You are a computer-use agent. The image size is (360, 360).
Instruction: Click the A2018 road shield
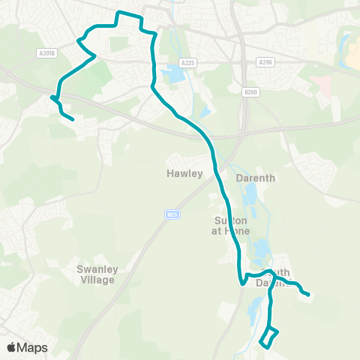pos(46,52)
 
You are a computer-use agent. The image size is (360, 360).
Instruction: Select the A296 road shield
pos(265,62)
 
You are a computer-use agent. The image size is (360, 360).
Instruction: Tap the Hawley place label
pos(185,173)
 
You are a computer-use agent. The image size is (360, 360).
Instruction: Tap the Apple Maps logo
pos(27,347)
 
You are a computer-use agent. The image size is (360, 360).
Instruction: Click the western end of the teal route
pos(72,118)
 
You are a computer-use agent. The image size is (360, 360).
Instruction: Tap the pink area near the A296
pos(322,83)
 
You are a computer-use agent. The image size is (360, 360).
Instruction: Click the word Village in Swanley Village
pos(97,280)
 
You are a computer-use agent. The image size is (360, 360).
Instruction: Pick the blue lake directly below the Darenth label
pos(250,197)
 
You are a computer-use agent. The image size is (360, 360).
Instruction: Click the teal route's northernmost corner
pos(118,12)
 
